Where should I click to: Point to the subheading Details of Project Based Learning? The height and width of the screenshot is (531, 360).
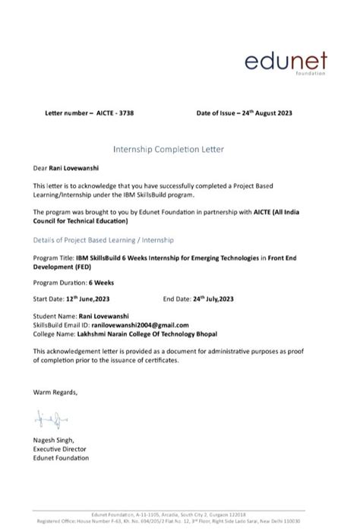(104, 239)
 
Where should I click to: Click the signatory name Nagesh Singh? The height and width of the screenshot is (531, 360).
(53, 441)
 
